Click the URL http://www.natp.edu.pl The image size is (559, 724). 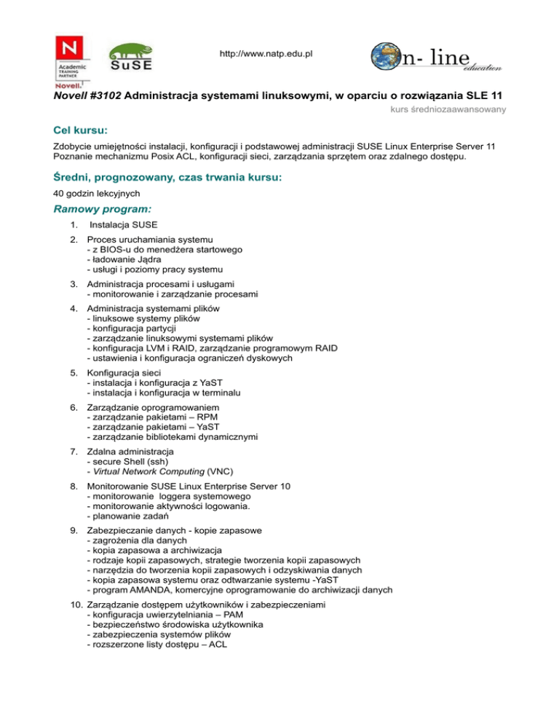(x=266, y=55)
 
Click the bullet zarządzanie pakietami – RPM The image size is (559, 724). (x=145, y=417)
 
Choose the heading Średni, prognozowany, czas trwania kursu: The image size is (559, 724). (x=168, y=178)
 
